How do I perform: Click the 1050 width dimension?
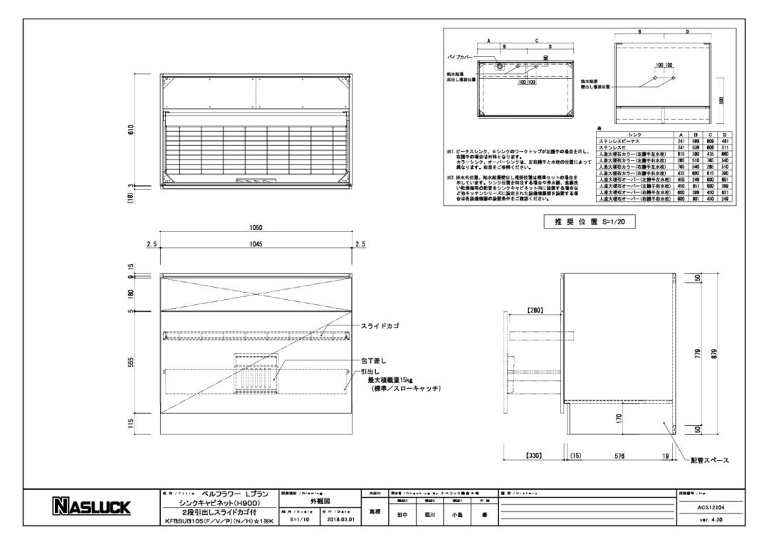256,228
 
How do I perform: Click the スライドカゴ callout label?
380,325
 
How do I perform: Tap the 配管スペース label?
709,461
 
